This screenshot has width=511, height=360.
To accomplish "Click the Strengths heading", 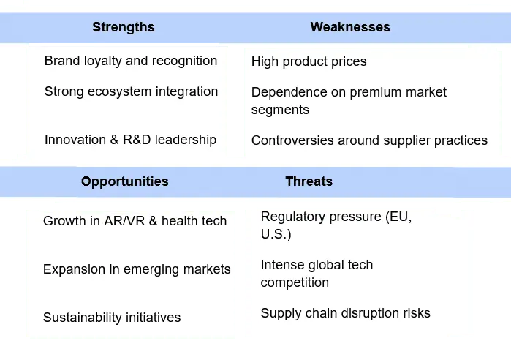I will (x=123, y=27).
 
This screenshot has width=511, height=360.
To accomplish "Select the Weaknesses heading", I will (x=349, y=27).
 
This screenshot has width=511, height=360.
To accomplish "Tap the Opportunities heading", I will (x=124, y=181).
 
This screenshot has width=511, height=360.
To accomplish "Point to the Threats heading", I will (x=309, y=181).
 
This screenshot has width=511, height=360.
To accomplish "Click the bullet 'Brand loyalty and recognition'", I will (x=130, y=61).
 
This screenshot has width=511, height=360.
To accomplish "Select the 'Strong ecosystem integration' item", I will (x=131, y=91).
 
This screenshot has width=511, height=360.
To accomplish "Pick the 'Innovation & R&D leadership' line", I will (x=130, y=140).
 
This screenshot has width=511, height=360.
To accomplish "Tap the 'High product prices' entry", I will (x=309, y=61).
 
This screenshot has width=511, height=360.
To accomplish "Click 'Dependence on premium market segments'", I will (x=348, y=101).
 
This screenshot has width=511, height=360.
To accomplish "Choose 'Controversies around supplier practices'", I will (x=368, y=140).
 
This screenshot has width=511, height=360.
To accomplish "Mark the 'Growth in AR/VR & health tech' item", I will (x=135, y=221).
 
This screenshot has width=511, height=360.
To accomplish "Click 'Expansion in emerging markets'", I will (x=137, y=269).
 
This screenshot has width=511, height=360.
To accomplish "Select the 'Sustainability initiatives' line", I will (x=111, y=318).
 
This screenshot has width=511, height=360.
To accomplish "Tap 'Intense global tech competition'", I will (x=317, y=274).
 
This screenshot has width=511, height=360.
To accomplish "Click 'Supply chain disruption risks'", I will (x=345, y=313).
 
